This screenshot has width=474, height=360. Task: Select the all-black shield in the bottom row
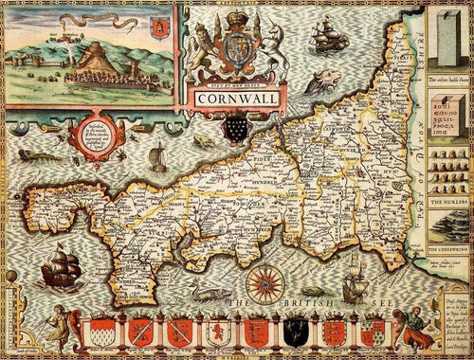[x=290, y=332]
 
